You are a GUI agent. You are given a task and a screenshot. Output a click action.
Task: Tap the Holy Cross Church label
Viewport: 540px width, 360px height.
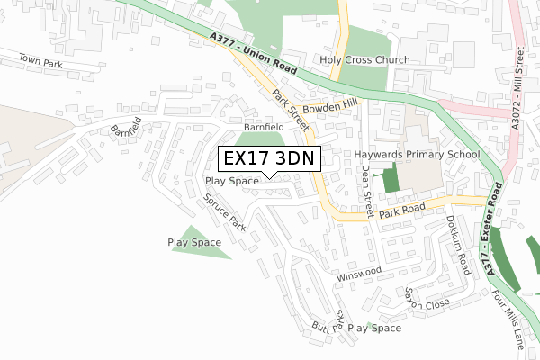tap(364, 60)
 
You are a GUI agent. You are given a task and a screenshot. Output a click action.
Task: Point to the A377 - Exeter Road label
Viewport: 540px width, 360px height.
tap(492, 230)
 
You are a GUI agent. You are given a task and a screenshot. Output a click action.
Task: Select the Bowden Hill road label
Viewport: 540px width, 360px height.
tap(330, 109)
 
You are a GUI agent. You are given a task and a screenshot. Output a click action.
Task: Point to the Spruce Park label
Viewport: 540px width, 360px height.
tap(224, 212)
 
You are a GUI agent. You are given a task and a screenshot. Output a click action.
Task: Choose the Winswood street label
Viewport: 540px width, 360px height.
tap(359, 271)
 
